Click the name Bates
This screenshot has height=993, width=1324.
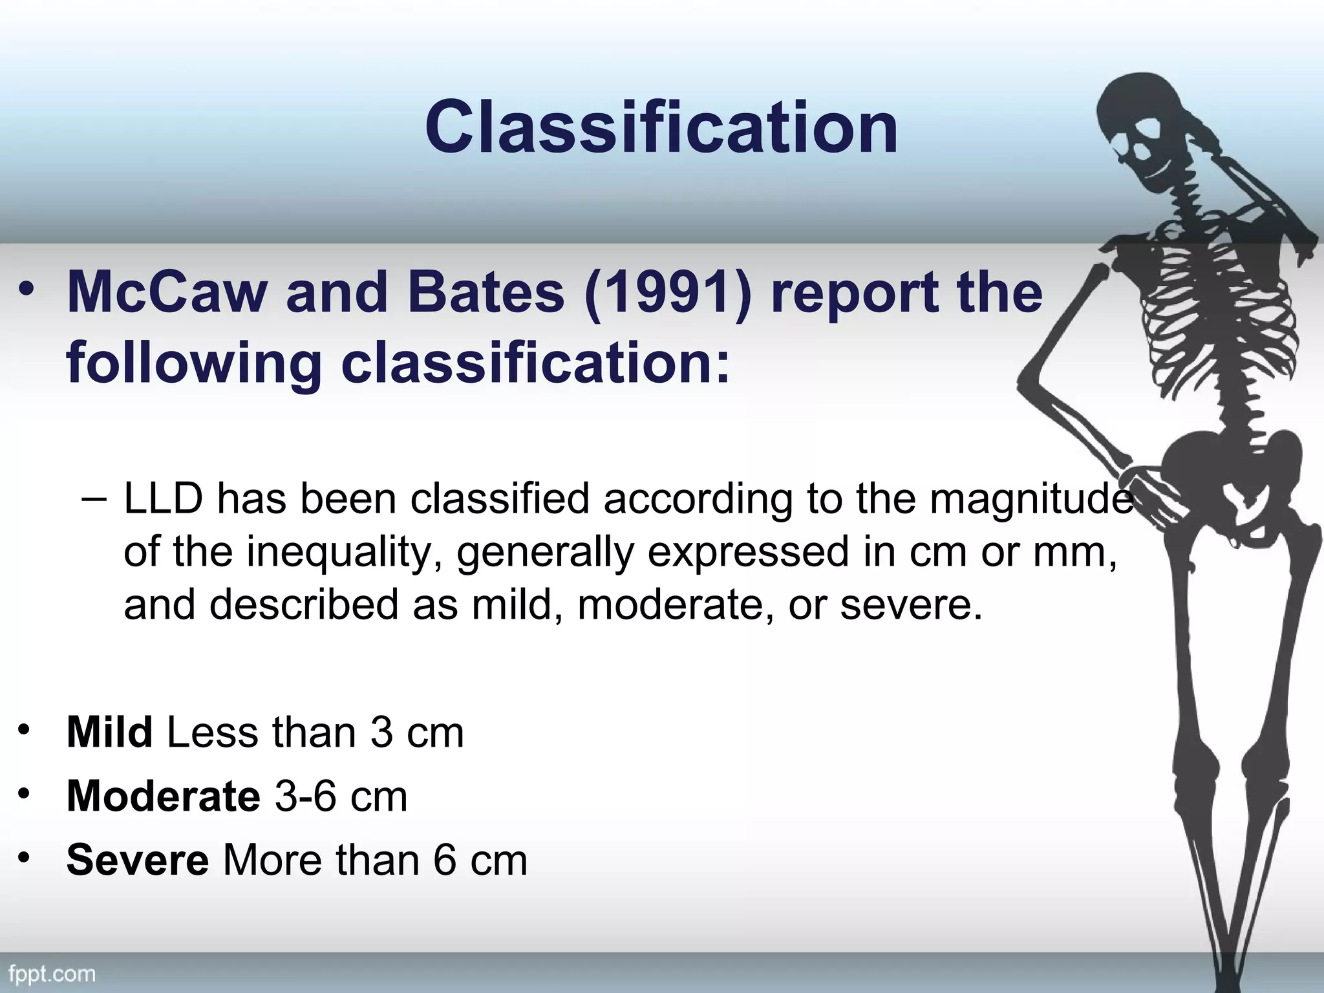pyautogui.click(x=486, y=292)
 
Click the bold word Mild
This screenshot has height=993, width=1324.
pyautogui.click(x=109, y=732)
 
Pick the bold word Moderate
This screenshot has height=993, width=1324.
pyautogui.click(x=163, y=796)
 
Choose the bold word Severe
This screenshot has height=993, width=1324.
pyautogui.click(x=137, y=860)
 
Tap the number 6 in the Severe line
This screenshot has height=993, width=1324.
pyautogui.click(x=445, y=860)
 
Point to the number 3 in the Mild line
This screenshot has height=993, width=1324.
pyautogui.click(x=381, y=732)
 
